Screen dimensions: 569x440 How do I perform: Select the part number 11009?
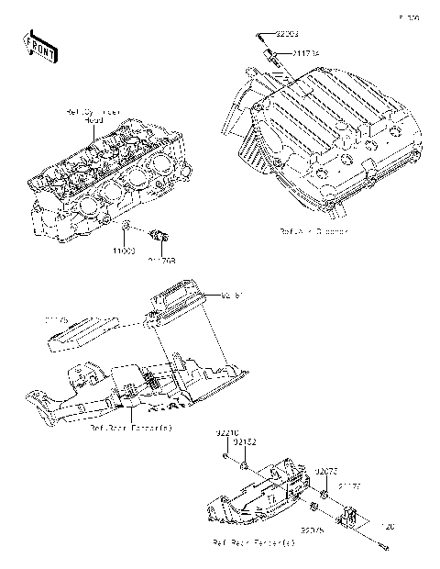coord(125,249)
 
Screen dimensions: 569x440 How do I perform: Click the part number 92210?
coord(225,431)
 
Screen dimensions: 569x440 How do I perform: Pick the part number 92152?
coord(243,442)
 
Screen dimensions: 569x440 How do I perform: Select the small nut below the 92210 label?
coord(225,454)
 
